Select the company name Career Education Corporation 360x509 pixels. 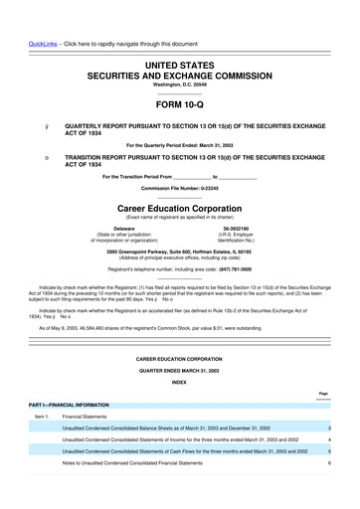(x=179, y=209)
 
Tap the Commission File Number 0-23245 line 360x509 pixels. (x=179, y=188)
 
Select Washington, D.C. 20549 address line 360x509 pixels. (x=179, y=85)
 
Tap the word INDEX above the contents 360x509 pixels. (x=179, y=382)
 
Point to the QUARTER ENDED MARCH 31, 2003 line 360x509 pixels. (x=179, y=369)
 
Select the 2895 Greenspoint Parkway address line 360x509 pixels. (x=179, y=252)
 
